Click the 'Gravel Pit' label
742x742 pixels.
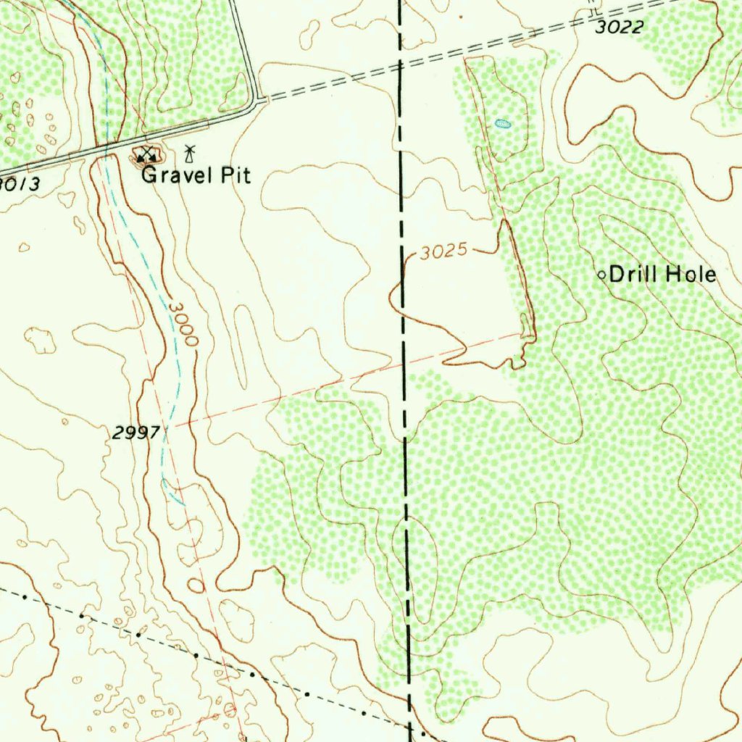tap(196, 175)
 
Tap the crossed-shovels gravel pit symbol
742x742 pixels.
tap(147, 154)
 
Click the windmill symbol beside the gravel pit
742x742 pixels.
tap(190, 153)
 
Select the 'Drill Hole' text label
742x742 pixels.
tap(662, 275)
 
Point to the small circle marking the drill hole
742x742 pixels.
tap(601, 275)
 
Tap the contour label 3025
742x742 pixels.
tap(443, 253)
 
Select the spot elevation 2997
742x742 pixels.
tap(136, 433)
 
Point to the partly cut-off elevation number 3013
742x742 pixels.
tap(20, 184)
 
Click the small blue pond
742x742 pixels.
tap(502, 124)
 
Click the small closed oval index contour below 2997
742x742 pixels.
tap(196, 585)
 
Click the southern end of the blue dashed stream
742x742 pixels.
tap(181, 502)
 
